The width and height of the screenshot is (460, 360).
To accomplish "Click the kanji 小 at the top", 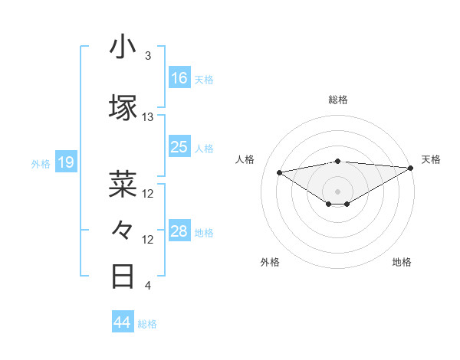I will click(x=123, y=47).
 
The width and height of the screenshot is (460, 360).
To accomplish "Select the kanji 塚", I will click(x=123, y=107).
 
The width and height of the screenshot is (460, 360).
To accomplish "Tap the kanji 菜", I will click(x=123, y=184).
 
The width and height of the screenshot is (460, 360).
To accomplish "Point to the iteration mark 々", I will click(x=123, y=230).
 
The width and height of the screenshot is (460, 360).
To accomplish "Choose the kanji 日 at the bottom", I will click(x=123, y=276).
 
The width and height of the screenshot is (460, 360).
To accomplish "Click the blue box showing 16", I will click(x=179, y=78).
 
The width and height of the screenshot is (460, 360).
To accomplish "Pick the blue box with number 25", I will click(x=179, y=147).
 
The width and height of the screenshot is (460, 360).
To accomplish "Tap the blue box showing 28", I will click(x=179, y=231).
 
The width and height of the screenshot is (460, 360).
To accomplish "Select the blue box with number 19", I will click(x=65, y=162).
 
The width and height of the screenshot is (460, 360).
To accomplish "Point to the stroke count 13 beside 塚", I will click(x=148, y=117).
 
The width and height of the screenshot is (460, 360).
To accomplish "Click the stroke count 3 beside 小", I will click(x=148, y=56).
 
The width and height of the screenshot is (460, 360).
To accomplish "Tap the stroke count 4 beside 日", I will click(x=148, y=286).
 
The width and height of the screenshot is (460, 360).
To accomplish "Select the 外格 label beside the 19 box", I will click(x=40, y=163).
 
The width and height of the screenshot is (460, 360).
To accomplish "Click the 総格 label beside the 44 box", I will click(x=147, y=323).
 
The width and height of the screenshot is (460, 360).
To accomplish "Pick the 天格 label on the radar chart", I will click(x=431, y=159).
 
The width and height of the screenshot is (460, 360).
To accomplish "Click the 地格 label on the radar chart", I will click(x=402, y=262).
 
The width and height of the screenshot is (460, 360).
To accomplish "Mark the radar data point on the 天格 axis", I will click(x=412, y=167).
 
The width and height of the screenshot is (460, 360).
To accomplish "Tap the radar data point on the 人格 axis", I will click(x=280, y=172).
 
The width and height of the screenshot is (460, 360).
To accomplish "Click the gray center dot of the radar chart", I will click(x=337, y=191).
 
